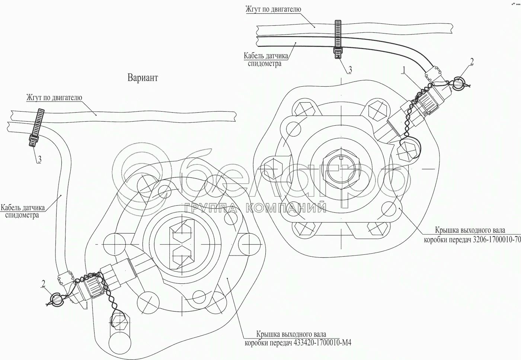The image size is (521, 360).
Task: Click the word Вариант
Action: click(143, 78)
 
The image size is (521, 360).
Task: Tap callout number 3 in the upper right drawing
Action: click(349, 69)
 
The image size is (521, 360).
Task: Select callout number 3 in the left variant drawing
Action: click(39, 160)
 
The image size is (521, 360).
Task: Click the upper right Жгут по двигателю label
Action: click(273, 9)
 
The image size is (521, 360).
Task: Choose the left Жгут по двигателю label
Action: click(54, 98)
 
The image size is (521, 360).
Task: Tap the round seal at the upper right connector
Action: click(458, 84)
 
